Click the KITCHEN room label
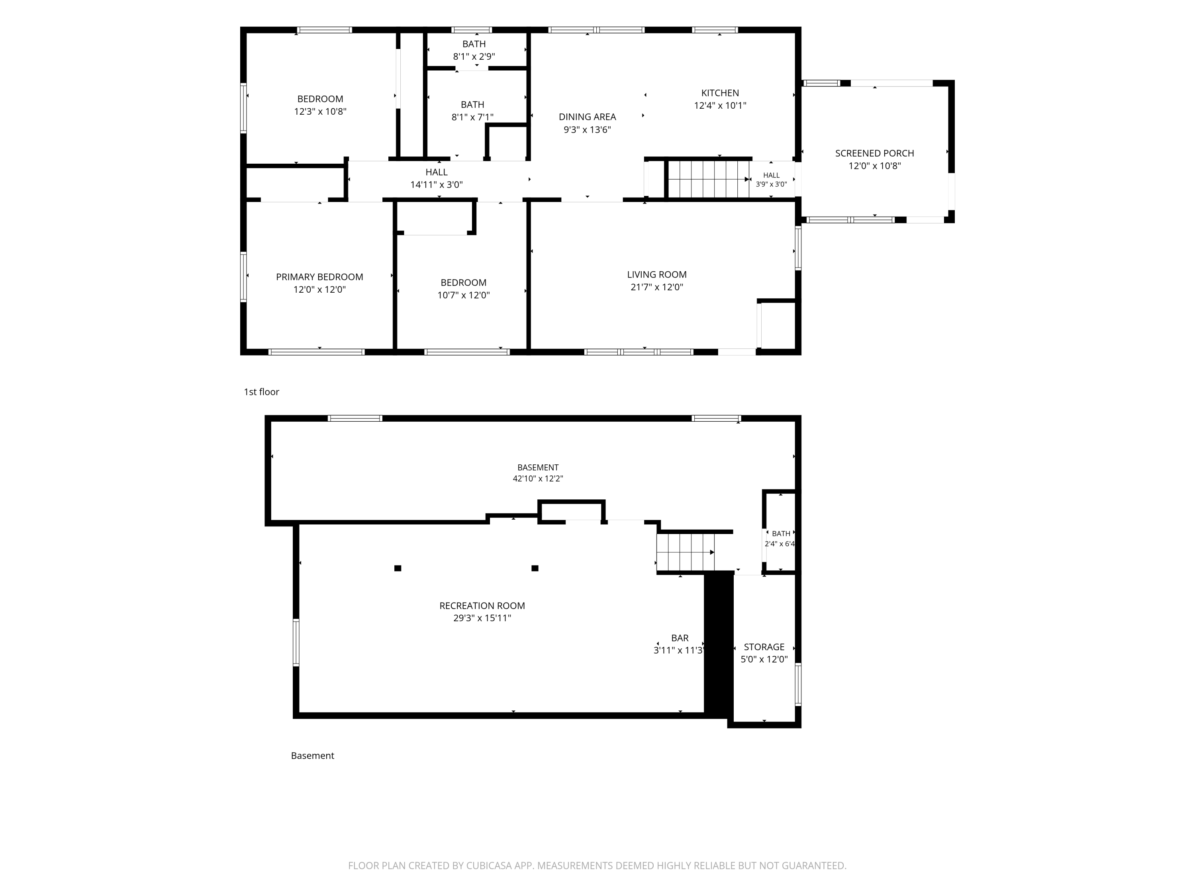[720, 93]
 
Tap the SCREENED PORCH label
[875, 153]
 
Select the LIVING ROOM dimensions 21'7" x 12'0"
[657, 288]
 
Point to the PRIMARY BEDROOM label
[319, 277]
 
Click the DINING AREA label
[587, 117]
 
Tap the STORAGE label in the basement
[764, 647]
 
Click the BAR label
[680, 638]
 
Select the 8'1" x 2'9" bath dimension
[474, 57]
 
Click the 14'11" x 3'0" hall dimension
[437, 185]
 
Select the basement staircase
[686, 552]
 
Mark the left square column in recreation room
[398, 568]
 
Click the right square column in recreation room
[535, 568]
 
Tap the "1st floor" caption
[261, 392]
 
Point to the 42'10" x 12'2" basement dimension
[538, 479]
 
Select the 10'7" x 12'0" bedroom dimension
[464, 295]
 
